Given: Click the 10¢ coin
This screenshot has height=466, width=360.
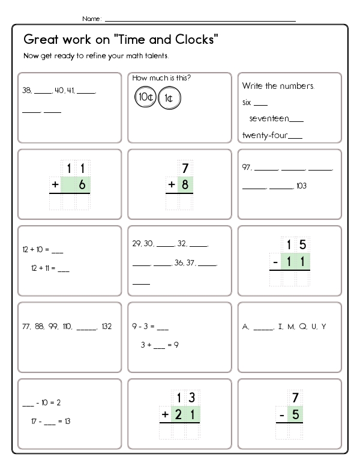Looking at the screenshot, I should (145, 96).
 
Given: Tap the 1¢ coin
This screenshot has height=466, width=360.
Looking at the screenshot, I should (169, 98).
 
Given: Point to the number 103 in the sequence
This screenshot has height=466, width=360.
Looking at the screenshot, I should (301, 186).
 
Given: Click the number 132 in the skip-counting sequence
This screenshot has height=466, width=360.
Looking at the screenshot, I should (107, 327).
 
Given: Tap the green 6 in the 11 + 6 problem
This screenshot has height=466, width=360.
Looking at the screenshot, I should (82, 185).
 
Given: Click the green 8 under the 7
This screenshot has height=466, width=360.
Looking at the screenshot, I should (185, 185).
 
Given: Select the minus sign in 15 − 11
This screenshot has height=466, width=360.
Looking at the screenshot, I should (275, 261).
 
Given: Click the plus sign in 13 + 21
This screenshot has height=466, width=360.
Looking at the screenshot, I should (165, 414).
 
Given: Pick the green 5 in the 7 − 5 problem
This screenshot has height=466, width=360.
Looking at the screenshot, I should (295, 414).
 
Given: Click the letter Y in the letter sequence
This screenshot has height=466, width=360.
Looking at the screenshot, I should (323, 327).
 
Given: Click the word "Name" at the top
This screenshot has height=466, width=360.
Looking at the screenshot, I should (91, 19).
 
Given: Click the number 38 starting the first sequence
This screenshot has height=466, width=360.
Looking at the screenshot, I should (26, 92).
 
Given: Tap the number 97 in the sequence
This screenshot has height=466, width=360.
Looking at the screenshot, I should (247, 168).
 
